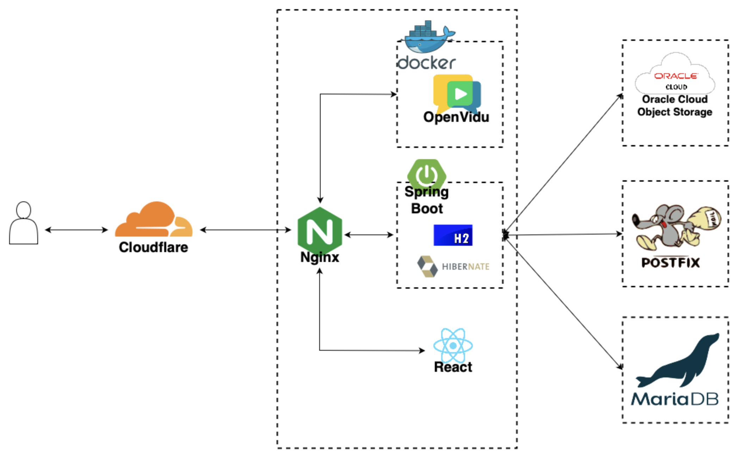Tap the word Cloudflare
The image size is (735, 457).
[x=153, y=247]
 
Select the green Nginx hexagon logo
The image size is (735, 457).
[x=320, y=231]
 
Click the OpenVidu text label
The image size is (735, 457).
[x=456, y=117]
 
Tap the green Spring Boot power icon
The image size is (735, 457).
[x=426, y=174]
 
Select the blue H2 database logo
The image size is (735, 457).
[x=453, y=235]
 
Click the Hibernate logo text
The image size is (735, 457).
[x=465, y=267]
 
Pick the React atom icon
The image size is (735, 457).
[x=453, y=345]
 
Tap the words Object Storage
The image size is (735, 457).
[x=674, y=112]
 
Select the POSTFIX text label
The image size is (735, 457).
[x=670, y=263]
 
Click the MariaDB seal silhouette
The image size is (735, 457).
[x=680, y=363]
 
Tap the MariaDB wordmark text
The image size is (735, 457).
[x=674, y=399]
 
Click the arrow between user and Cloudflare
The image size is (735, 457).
[x=76, y=230]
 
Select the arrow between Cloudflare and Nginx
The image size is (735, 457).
[x=245, y=230]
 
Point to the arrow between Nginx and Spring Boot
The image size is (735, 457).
[x=369, y=235]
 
